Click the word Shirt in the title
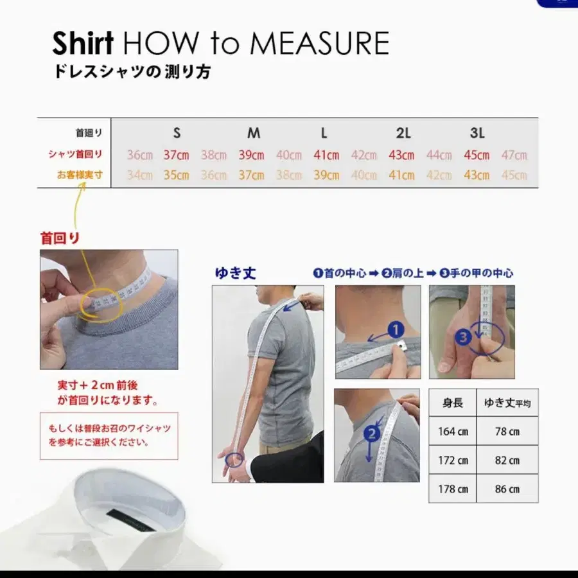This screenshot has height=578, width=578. (x=83, y=43)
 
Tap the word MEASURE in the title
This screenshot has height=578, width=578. (x=319, y=43)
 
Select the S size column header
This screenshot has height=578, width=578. (x=177, y=134)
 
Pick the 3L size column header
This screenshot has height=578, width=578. (x=477, y=134)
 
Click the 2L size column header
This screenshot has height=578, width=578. (x=403, y=134)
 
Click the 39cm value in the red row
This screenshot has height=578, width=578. (x=251, y=155)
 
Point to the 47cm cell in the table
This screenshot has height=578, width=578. (x=514, y=155)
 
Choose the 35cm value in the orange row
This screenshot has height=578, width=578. (x=176, y=175)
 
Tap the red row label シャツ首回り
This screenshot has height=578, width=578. (x=75, y=154)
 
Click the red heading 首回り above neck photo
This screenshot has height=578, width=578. (x=60, y=238)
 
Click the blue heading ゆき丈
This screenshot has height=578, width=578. (x=235, y=273)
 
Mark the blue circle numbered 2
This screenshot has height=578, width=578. (x=371, y=433)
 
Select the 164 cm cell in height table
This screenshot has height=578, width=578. (x=453, y=432)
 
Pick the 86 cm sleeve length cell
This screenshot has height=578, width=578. (x=507, y=489)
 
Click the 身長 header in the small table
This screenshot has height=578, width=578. (x=453, y=403)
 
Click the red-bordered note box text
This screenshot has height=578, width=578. (x=109, y=435)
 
